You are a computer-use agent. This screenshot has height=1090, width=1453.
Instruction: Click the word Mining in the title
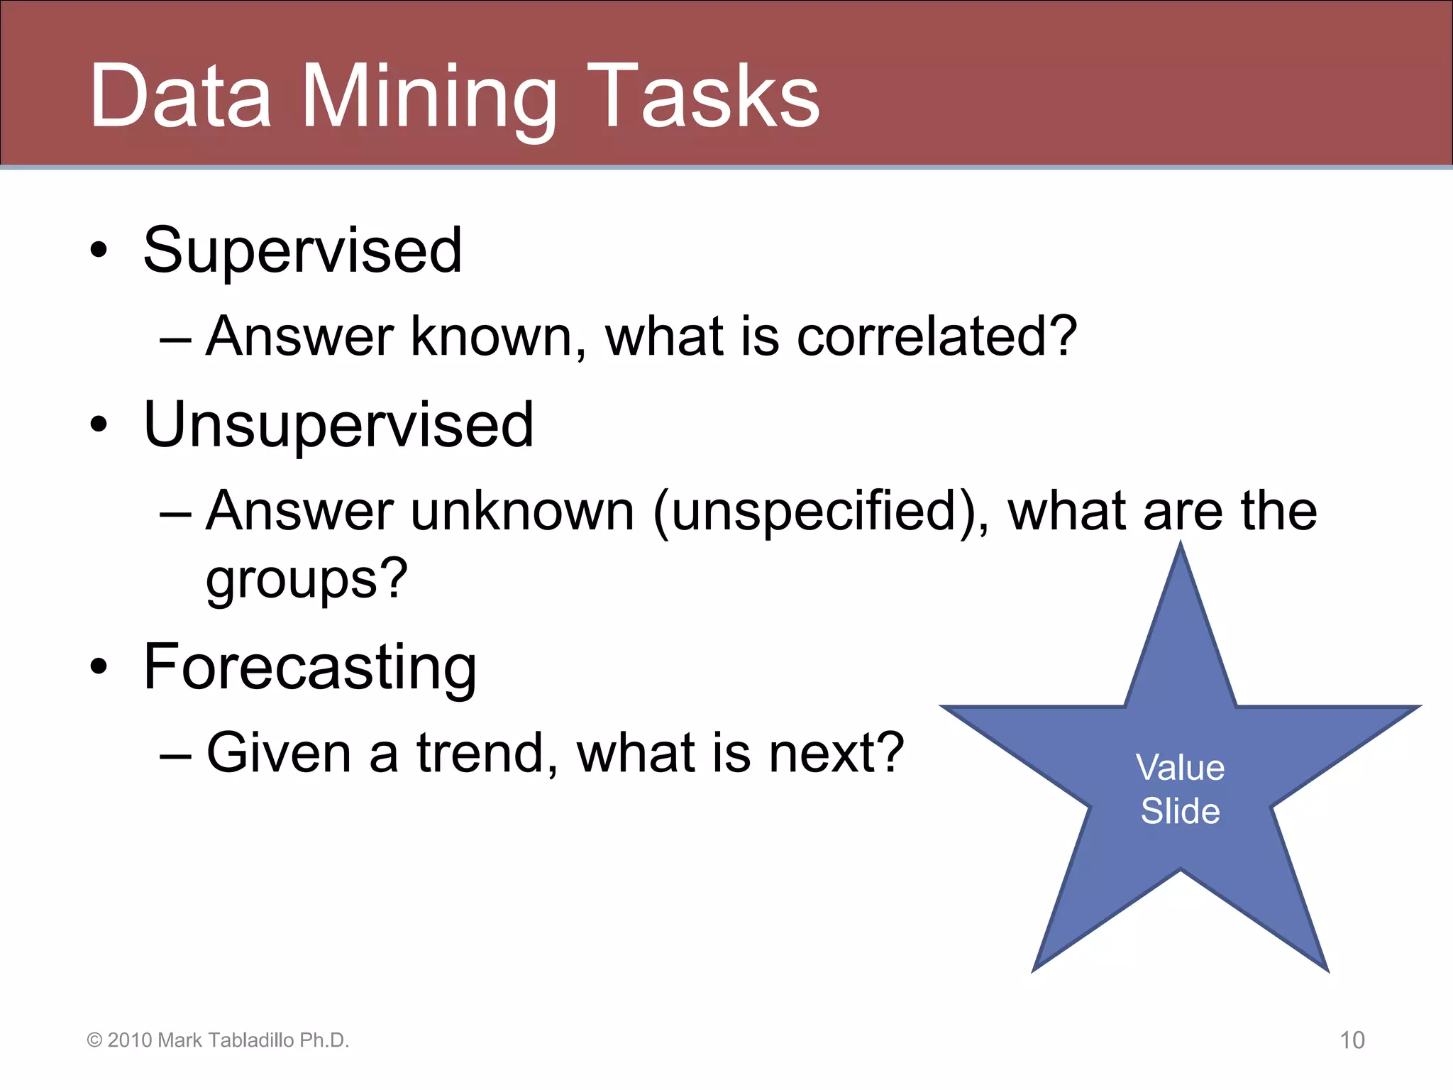[x=429, y=98]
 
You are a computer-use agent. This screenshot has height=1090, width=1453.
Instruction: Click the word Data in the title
[x=180, y=97]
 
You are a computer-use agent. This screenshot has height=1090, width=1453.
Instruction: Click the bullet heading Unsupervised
[x=338, y=425]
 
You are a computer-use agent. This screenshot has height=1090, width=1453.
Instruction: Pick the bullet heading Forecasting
[x=310, y=667]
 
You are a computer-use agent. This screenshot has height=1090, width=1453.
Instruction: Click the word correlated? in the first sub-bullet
[x=937, y=336]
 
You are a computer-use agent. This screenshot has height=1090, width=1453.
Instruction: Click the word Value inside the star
[x=1180, y=769]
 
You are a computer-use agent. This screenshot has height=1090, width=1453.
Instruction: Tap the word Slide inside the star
[x=1180, y=811]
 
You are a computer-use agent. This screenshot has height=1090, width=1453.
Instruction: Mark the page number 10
[x=1352, y=1040]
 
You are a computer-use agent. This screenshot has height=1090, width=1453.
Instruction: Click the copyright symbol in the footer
[x=94, y=1040]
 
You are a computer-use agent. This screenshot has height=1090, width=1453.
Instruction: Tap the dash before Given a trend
[x=175, y=756]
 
